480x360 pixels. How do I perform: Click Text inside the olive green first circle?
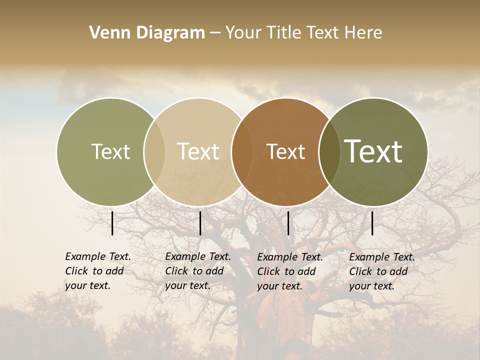pyautogui.click(x=110, y=151)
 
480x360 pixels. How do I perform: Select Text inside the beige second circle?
pyautogui.click(x=198, y=151)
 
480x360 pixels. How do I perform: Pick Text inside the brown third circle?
pyautogui.click(x=285, y=151)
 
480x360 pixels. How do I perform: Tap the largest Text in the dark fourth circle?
pyautogui.click(x=373, y=151)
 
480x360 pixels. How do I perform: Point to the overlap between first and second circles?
pyautogui.click(x=154, y=152)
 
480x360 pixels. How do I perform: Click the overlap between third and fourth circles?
pyautogui.click(x=329, y=152)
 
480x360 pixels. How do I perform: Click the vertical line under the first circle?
pyautogui.click(x=112, y=223)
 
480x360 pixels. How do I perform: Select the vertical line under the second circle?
pyautogui.click(x=200, y=223)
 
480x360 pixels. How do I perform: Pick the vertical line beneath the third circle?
pyautogui.click(x=288, y=223)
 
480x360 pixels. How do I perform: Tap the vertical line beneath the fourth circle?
pyautogui.click(x=372, y=223)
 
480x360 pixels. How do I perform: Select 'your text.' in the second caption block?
pyautogui.click(x=187, y=285)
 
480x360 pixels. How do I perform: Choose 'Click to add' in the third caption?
pyautogui.click(x=286, y=271)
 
